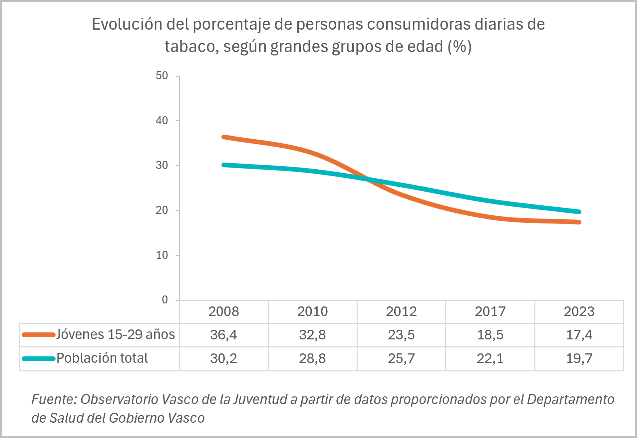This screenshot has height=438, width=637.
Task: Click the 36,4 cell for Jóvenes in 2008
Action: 223,335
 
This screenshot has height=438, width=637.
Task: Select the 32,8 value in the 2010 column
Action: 312,335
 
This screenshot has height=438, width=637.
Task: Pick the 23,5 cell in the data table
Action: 401,335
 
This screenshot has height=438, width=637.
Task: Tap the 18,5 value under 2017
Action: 490,335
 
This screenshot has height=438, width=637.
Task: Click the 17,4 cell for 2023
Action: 579,335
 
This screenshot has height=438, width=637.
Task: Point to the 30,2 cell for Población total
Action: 223,358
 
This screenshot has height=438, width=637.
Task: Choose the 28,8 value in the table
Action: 312,358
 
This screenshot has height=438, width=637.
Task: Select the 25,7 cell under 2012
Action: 401,358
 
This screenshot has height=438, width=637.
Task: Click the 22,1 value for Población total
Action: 490,358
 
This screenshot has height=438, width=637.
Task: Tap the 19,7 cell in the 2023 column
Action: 579,358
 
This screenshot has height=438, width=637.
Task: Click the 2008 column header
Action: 223,311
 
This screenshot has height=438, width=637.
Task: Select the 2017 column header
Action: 490,311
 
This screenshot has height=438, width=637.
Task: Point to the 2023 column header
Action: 579,311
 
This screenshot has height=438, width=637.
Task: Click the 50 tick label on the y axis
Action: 162,76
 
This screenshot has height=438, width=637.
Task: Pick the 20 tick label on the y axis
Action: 162,210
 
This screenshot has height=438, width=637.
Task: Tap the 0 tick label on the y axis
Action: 165,300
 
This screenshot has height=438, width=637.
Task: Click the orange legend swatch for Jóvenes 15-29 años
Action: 38,335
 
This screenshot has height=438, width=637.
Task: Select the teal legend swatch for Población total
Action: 38,358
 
